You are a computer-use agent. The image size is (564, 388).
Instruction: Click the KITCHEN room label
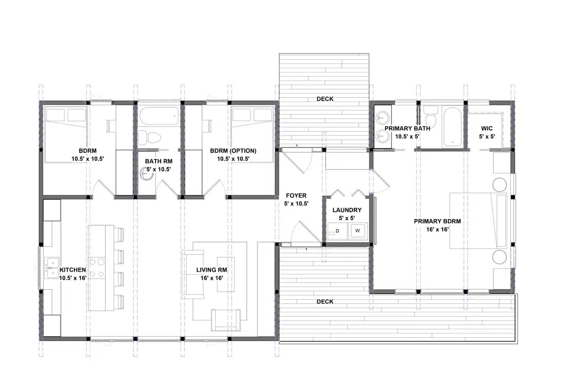point(72,270)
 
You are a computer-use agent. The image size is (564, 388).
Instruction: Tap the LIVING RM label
point(211,270)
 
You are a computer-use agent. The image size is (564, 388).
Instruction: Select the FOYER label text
point(296,196)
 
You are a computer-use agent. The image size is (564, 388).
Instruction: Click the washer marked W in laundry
point(358,230)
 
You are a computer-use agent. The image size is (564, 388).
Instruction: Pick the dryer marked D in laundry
point(337,230)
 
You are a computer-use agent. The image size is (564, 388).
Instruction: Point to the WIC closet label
point(487,128)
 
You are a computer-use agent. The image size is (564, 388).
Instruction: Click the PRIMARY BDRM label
point(437,221)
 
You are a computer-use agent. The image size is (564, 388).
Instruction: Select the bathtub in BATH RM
point(158,115)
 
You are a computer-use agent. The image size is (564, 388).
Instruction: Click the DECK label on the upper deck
point(325,99)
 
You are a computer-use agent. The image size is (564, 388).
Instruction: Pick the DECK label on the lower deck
point(325,301)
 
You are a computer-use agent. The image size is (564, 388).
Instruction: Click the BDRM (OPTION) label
point(233,151)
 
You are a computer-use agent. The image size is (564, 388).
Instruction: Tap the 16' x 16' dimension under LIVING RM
point(211,278)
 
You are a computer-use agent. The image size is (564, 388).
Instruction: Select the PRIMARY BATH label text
point(401,128)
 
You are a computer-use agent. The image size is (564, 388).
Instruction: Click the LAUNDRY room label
point(347,210)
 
